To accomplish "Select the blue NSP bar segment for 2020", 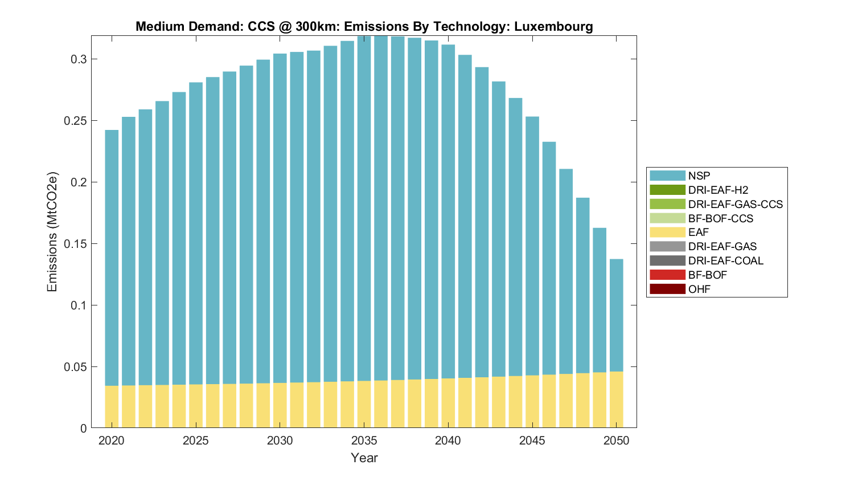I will click(112, 256).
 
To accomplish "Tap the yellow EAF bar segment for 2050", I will click(617, 400).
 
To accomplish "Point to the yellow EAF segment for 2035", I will click(364, 404).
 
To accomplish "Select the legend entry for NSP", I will click(699, 176).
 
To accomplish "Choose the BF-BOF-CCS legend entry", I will click(720, 218).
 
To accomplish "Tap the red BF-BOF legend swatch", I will click(667, 275).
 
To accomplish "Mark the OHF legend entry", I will click(699, 289).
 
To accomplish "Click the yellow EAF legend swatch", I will click(667, 233).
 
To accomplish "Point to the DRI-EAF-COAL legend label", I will click(725, 260).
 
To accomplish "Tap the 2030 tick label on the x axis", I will click(280, 441).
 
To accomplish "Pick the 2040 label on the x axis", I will click(448, 441).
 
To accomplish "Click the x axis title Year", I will click(364, 458).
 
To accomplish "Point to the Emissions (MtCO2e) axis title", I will click(52, 231).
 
